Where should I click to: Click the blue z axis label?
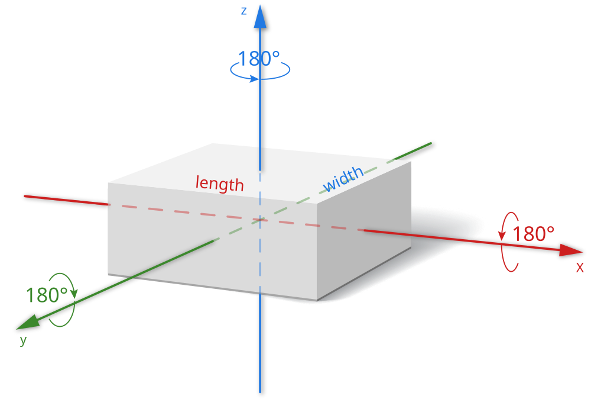(x=243, y=11)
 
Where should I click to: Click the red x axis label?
(x=580, y=267)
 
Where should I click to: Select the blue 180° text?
(x=258, y=59)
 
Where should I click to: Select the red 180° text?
(x=533, y=234)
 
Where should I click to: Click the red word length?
(x=220, y=184)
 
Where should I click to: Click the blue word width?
(x=343, y=179)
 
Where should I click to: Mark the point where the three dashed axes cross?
(x=260, y=220)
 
